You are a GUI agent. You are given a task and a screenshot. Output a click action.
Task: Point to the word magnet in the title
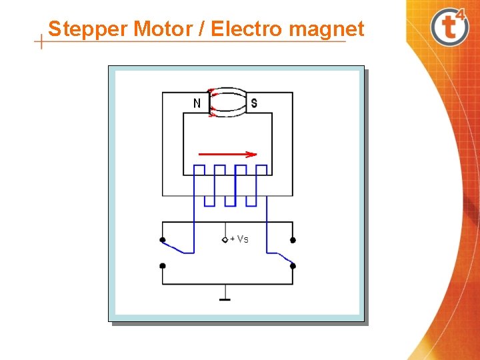click(327, 29)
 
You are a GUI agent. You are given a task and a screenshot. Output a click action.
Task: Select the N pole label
click(197, 103)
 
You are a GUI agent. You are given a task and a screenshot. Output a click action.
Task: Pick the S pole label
click(254, 103)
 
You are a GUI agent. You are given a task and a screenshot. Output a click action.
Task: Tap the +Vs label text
click(239, 239)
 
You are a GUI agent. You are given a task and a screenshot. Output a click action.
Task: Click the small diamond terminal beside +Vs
click(225, 239)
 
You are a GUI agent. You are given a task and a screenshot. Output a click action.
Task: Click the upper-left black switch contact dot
click(163, 240)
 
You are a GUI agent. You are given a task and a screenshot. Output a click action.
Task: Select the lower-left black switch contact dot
click(163, 265)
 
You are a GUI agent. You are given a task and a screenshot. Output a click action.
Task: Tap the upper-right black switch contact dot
click(293, 240)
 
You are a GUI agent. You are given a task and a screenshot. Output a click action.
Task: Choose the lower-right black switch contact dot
click(293, 265)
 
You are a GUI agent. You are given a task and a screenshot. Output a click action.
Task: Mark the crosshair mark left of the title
click(42, 42)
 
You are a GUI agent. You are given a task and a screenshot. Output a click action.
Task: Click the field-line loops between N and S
click(228, 102)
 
